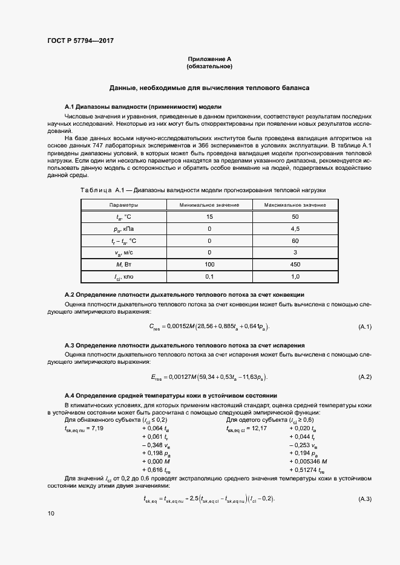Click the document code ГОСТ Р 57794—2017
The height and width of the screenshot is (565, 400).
pyautogui.click(x=80, y=41)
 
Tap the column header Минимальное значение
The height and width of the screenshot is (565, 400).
pyautogui.click(x=209, y=205)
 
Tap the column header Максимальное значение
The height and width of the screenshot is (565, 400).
pyautogui.click(x=295, y=205)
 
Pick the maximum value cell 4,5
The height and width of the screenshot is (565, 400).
pyautogui.click(x=295, y=230)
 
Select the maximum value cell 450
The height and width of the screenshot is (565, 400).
pyautogui.click(x=295, y=265)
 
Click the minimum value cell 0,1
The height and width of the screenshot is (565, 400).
pyautogui.click(x=209, y=276)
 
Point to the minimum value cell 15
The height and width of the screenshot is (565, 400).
pyautogui.click(x=209, y=218)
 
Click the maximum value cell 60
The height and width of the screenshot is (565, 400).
pyautogui.click(x=295, y=241)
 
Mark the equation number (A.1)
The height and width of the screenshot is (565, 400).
pyautogui.click(x=365, y=327)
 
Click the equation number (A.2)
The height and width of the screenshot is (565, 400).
pyautogui.click(x=365, y=377)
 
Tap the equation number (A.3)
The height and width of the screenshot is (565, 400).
pyautogui.click(x=365, y=499)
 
